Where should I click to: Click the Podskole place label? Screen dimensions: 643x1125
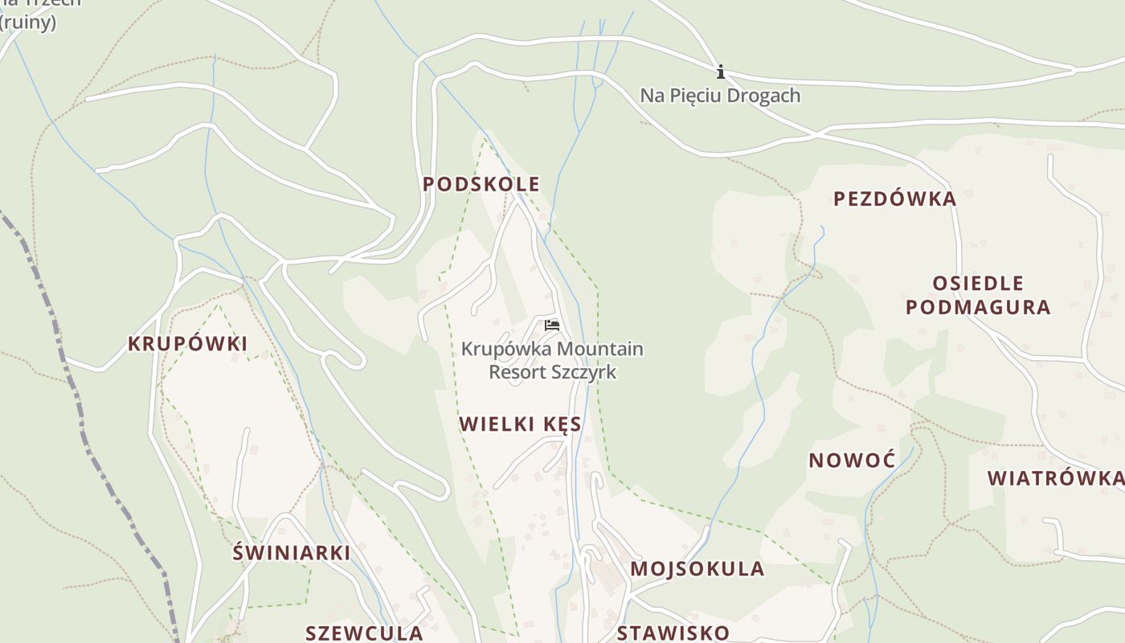click(x=481, y=184)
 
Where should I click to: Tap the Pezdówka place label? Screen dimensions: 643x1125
click(x=894, y=199)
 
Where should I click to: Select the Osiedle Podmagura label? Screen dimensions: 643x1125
click(x=978, y=295)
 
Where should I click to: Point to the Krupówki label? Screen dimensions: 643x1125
click(x=187, y=344)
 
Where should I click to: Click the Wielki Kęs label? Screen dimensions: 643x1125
click(x=520, y=424)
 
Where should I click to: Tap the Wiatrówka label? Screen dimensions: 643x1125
click(x=1055, y=478)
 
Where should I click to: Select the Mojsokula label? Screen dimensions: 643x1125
click(x=697, y=569)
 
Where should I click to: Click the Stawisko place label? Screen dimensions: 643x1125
click(x=673, y=633)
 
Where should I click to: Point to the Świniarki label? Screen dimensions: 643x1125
click(x=291, y=553)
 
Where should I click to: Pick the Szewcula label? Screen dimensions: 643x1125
click(x=364, y=633)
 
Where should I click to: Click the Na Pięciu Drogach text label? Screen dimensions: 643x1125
click(x=720, y=96)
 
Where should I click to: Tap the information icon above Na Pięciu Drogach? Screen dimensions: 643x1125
click(x=721, y=72)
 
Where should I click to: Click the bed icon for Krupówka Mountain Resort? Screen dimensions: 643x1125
click(x=551, y=326)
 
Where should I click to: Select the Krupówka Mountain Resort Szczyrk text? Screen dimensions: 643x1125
click(x=552, y=361)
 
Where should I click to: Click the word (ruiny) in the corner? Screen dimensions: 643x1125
click(x=29, y=22)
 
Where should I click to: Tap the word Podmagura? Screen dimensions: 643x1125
click(x=978, y=307)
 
